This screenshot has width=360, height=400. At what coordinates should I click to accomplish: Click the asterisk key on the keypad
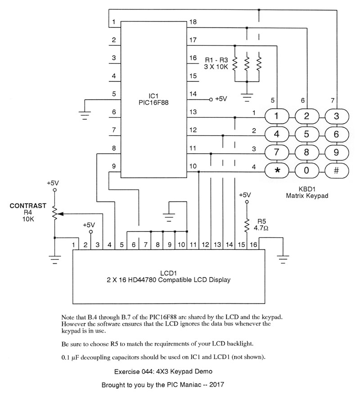tap(277, 170)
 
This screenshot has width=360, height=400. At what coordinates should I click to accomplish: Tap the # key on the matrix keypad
tap(337, 170)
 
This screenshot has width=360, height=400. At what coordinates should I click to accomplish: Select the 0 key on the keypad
tap(306, 170)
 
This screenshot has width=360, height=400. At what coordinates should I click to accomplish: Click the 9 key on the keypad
tap(337, 152)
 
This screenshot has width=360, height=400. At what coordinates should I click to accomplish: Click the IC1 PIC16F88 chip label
tap(153, 99)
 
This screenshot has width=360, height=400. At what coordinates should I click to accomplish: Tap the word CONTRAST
tap(28, 206)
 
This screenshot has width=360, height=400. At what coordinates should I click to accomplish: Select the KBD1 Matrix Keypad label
tap(307, 193)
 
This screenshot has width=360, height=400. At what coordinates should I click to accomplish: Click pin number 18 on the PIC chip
tap(193, 22)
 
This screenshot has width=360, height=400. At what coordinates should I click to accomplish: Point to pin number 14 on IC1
tap(193, 94)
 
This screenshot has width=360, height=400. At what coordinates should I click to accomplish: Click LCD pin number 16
tap(253, 245)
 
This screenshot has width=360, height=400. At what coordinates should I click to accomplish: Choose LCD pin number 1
tap(74, 245)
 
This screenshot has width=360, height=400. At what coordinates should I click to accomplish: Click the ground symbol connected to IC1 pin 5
tap(85, 116)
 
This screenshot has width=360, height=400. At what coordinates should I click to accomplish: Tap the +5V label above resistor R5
tap(245, 195)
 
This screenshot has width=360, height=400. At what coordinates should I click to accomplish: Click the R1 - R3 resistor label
tap(216, 63)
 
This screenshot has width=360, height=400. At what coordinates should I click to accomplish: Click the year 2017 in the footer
tap(216, 385)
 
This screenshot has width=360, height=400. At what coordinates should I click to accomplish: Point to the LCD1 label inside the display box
tap(169, 273)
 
